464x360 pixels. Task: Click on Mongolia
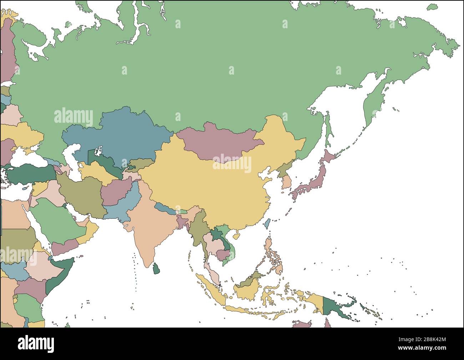[218, 141]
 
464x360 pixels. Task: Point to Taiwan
[266, 224]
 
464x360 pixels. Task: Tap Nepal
[165, 208]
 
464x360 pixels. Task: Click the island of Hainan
[236, 236]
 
